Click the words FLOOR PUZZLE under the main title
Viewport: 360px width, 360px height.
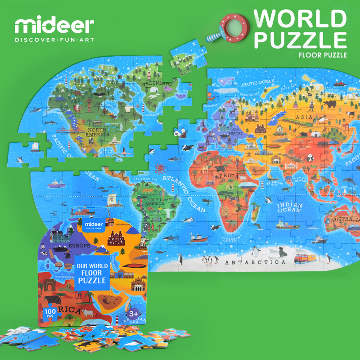pos(322,55)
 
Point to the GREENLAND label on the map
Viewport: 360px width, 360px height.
pos(157,84)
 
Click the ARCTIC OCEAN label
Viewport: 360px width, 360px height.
pos(257,82)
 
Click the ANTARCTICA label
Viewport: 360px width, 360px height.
pos(255,262)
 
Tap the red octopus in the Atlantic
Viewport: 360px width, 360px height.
pos(160,169)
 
